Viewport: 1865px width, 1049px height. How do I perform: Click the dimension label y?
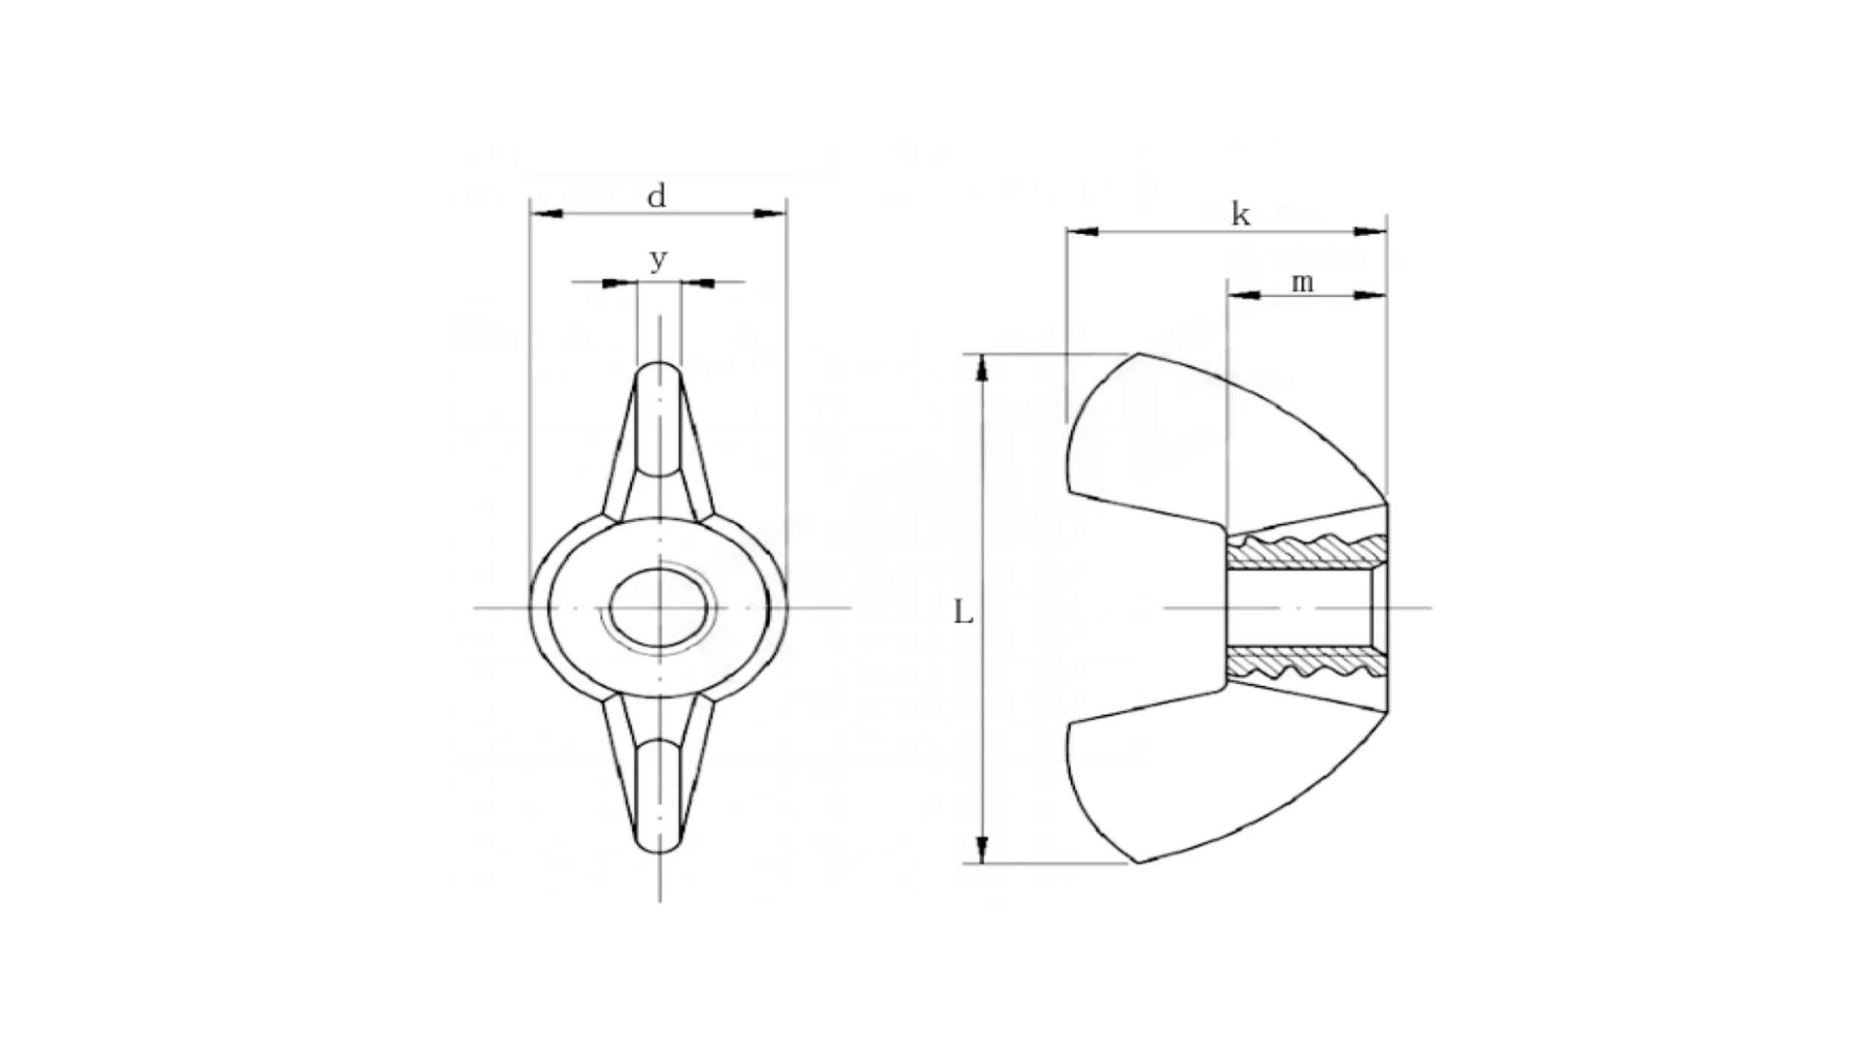[657, 260]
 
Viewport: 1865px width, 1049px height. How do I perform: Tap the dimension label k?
[1240, 216]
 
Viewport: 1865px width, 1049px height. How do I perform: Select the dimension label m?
[1302, 283]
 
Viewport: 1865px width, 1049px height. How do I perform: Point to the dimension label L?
[964, 613]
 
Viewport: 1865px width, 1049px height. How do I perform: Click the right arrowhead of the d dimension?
[770, 214]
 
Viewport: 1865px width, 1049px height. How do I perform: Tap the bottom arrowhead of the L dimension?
[982, 848]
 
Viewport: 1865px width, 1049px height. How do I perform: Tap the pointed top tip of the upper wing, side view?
[1138, 354]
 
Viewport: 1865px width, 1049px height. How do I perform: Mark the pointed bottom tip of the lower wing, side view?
[1138, 862]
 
